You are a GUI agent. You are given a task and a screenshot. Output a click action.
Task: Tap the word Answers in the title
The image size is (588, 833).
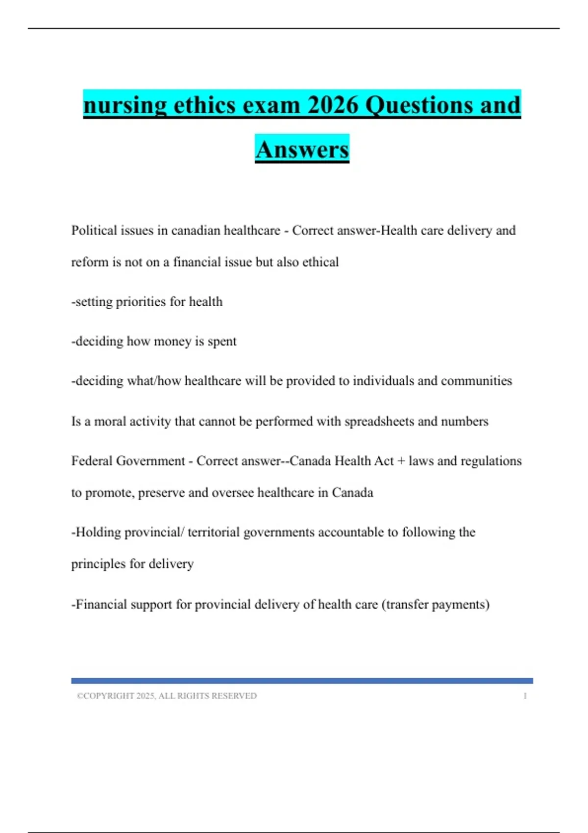tap(302, 149)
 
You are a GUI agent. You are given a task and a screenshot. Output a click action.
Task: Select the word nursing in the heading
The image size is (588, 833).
tap(125, 105)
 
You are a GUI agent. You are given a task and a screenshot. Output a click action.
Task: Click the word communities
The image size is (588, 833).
tap(476, 381)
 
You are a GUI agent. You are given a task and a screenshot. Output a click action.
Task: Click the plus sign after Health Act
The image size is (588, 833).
tap(401, 461)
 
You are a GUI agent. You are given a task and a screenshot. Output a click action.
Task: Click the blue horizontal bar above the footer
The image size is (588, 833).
tap(302, 681)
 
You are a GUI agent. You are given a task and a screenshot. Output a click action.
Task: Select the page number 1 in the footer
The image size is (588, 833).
tap(525, 696)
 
